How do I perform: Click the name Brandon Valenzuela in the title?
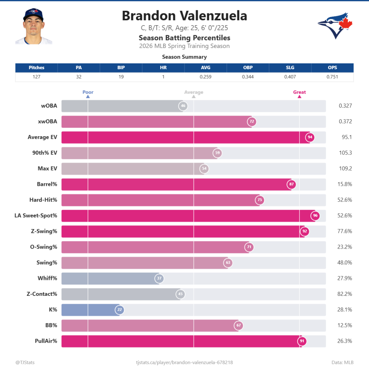click(x=184, y=16)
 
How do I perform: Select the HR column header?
click(x=163, y=67)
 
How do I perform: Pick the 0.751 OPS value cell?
click(x=332, y=77)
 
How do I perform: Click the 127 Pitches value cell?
click(x=36, y=77)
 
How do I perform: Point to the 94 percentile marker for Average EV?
click(x=310, y=137)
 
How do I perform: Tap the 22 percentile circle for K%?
click(x=119, y=310)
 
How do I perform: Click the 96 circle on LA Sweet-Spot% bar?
click(x=315, y=215)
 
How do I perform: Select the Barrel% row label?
click(x=47, y=184)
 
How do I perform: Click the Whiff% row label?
click(x=47, y=278)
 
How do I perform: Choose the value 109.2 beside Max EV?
click(x=345, y=168)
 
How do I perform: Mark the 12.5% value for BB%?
click(x=345, y=325)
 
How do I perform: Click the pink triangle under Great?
click(x=299, y=97)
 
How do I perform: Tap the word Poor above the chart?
click(x=88, y=92)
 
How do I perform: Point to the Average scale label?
click(x=194, y=92)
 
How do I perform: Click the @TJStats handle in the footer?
click(x=25, y=362)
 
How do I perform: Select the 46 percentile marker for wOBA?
click(x=183, y=106)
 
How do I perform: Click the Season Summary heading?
click(x=184, y=57)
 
